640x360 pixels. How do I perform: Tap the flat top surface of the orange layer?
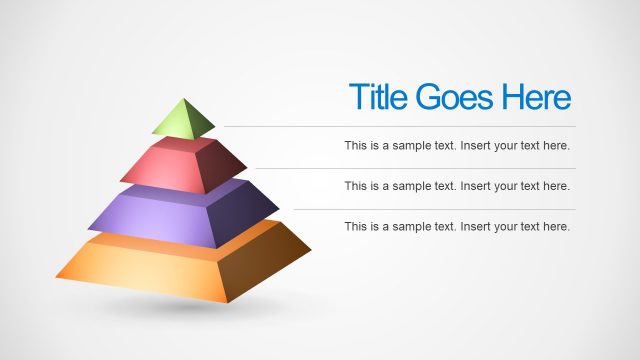(170, 241)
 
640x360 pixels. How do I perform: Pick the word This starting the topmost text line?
(356, 146)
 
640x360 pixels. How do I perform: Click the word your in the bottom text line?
(511, 227)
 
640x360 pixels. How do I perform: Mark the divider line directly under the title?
(400, 127)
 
